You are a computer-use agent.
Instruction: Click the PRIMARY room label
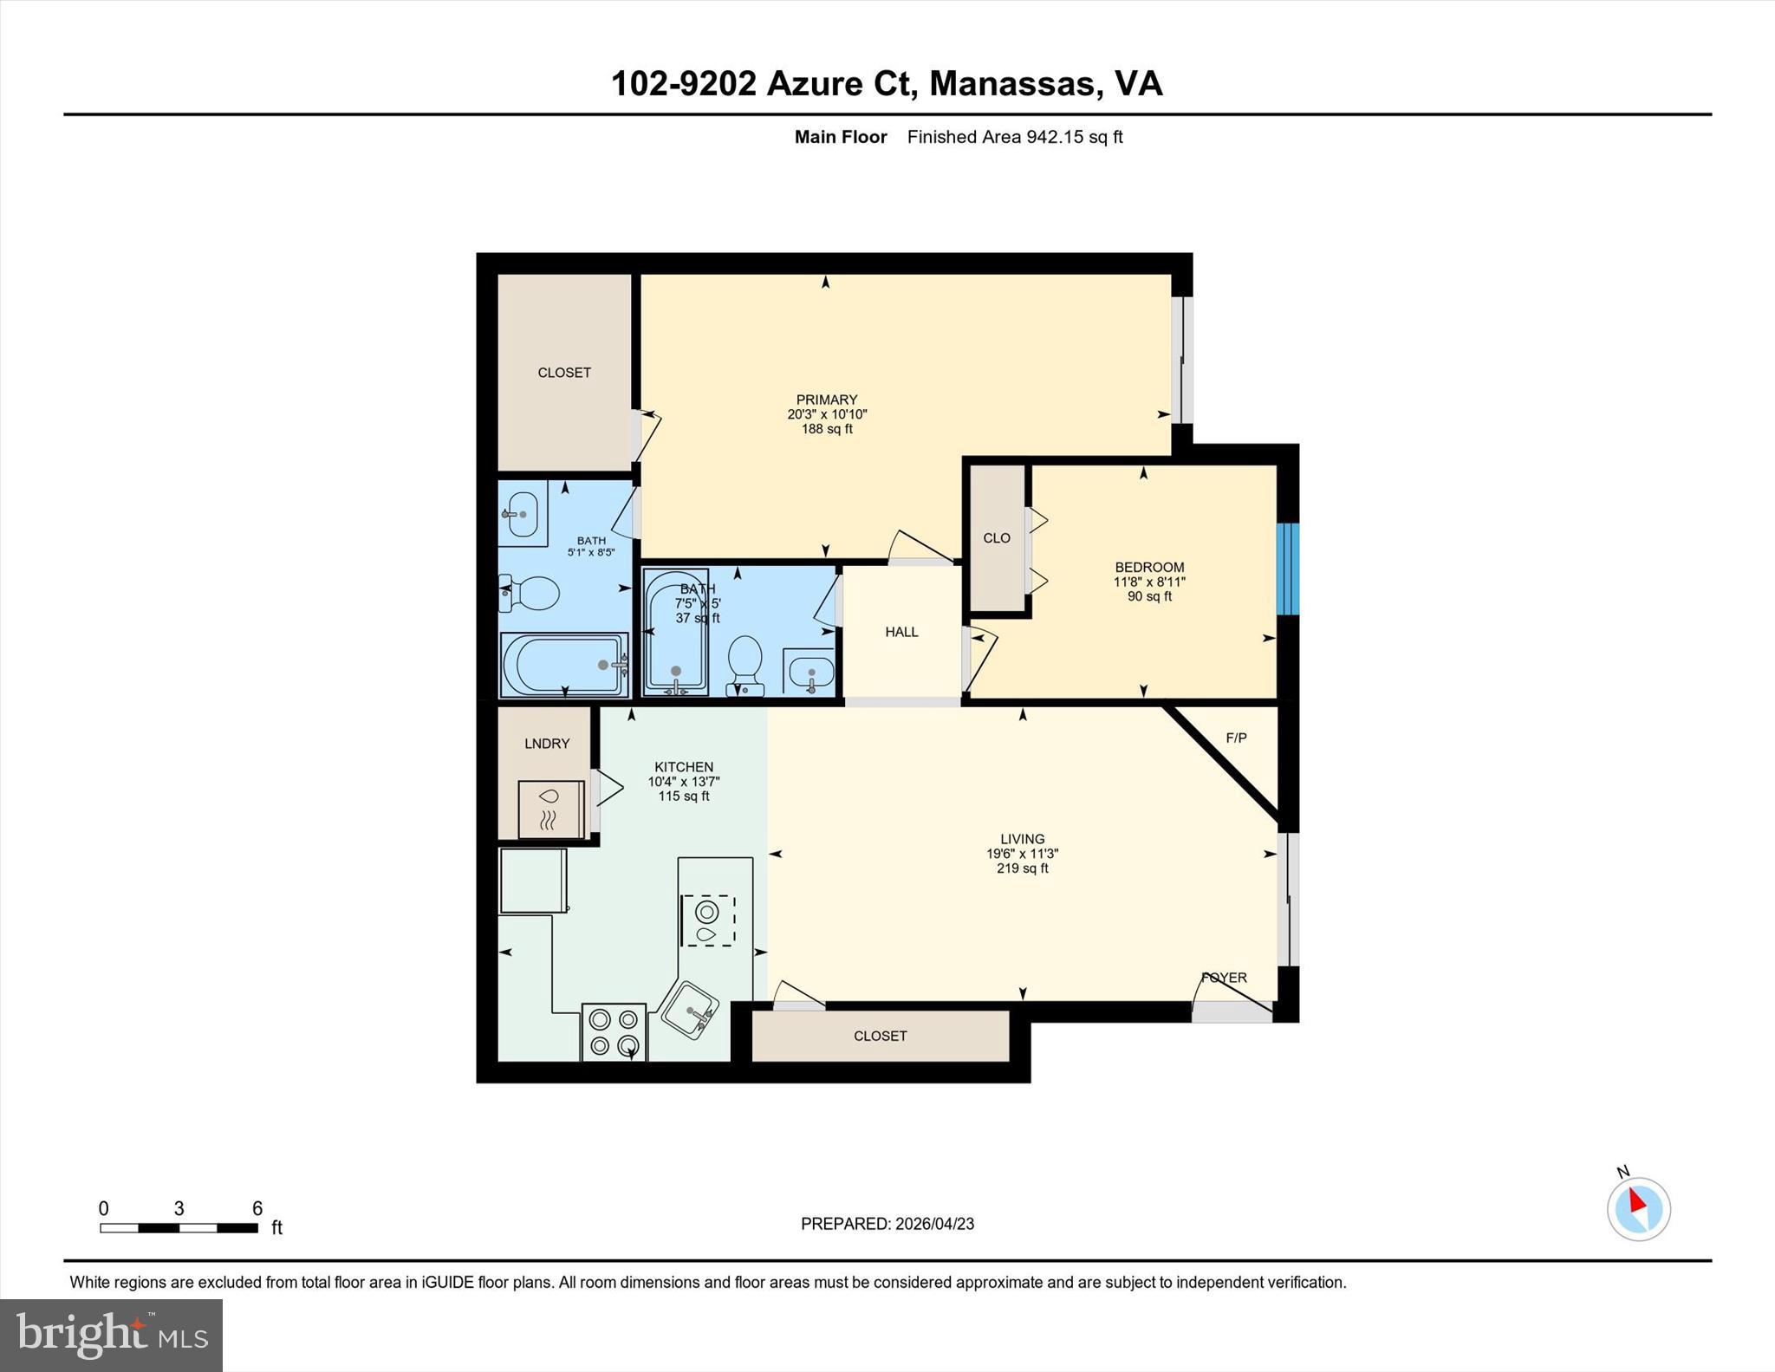pos(826,400)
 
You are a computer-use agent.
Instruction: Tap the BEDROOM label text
pos(1149,567)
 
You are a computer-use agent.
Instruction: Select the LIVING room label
pos(1022,839)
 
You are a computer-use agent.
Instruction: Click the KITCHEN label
pos(684,767)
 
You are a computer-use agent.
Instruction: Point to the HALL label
pos(901,632)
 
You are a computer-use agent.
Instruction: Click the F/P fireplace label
pos(1236,738)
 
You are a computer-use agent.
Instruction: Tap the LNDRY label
pos(547,744)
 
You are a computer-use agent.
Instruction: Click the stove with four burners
pos(614,1032)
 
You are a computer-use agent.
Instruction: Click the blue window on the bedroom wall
pos(1289,569)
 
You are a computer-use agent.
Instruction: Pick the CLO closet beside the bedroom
pos(997,538)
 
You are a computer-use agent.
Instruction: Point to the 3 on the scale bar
pos(179,1209)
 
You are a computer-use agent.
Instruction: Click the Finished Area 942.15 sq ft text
pos(1014,137)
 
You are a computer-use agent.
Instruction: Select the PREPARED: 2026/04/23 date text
pos(887,1224)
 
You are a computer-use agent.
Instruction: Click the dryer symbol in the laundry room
pos(550,809)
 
